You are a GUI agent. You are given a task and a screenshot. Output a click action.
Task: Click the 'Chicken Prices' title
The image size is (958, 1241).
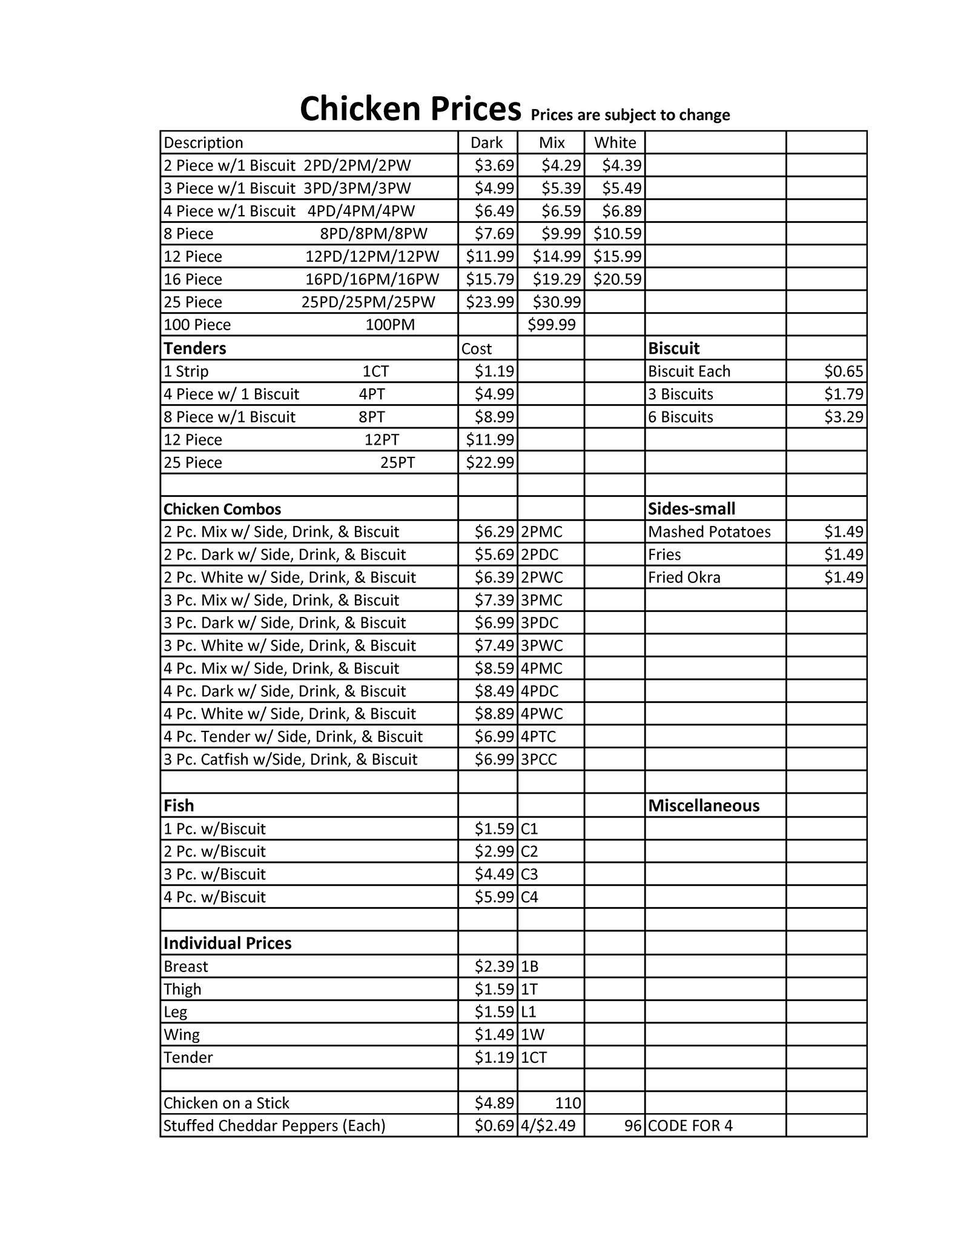click(x=410, y=109)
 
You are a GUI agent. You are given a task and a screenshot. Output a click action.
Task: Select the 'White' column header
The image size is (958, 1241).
click(x=615, y=142)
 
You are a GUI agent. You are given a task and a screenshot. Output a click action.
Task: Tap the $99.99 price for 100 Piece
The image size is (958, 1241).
click(x=551, y=325)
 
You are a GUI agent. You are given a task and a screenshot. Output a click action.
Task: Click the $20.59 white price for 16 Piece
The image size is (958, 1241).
click(x=617, y=279)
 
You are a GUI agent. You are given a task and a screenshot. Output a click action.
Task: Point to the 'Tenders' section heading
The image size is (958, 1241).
click(x=194, y=348)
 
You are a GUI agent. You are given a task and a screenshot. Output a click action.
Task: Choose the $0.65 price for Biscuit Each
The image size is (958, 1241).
click(x=843, y=371)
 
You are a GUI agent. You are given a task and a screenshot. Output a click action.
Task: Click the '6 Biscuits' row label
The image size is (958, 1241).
click(x=680, y=417)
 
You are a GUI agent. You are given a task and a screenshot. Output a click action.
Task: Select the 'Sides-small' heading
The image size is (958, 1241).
click(x=691, y=509)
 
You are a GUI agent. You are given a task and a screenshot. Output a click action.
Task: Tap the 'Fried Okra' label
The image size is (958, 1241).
click(x=684, y=577)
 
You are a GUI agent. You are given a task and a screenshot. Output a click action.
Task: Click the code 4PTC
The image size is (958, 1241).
click(x=538, y=737)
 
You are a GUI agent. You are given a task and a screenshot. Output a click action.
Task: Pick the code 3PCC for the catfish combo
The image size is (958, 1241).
click(x=538, y=760)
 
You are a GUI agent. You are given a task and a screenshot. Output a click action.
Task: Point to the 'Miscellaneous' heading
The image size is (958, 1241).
click(x=703, y=806)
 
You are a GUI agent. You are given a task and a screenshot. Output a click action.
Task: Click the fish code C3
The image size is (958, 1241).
click(x=529, y=874)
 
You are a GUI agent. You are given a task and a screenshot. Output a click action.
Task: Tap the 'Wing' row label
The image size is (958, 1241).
click(x=181, y=1035)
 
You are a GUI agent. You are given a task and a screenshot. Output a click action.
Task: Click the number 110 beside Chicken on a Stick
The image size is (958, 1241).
click(x=567, y=1103)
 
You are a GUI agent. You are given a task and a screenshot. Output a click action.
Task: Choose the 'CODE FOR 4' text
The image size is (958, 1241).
click(x=690, y=1126)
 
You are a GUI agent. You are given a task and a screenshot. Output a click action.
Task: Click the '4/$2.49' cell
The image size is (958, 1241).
click(x=549, y=1126)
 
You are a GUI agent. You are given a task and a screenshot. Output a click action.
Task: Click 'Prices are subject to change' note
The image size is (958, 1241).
click(x=630, y=115)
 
